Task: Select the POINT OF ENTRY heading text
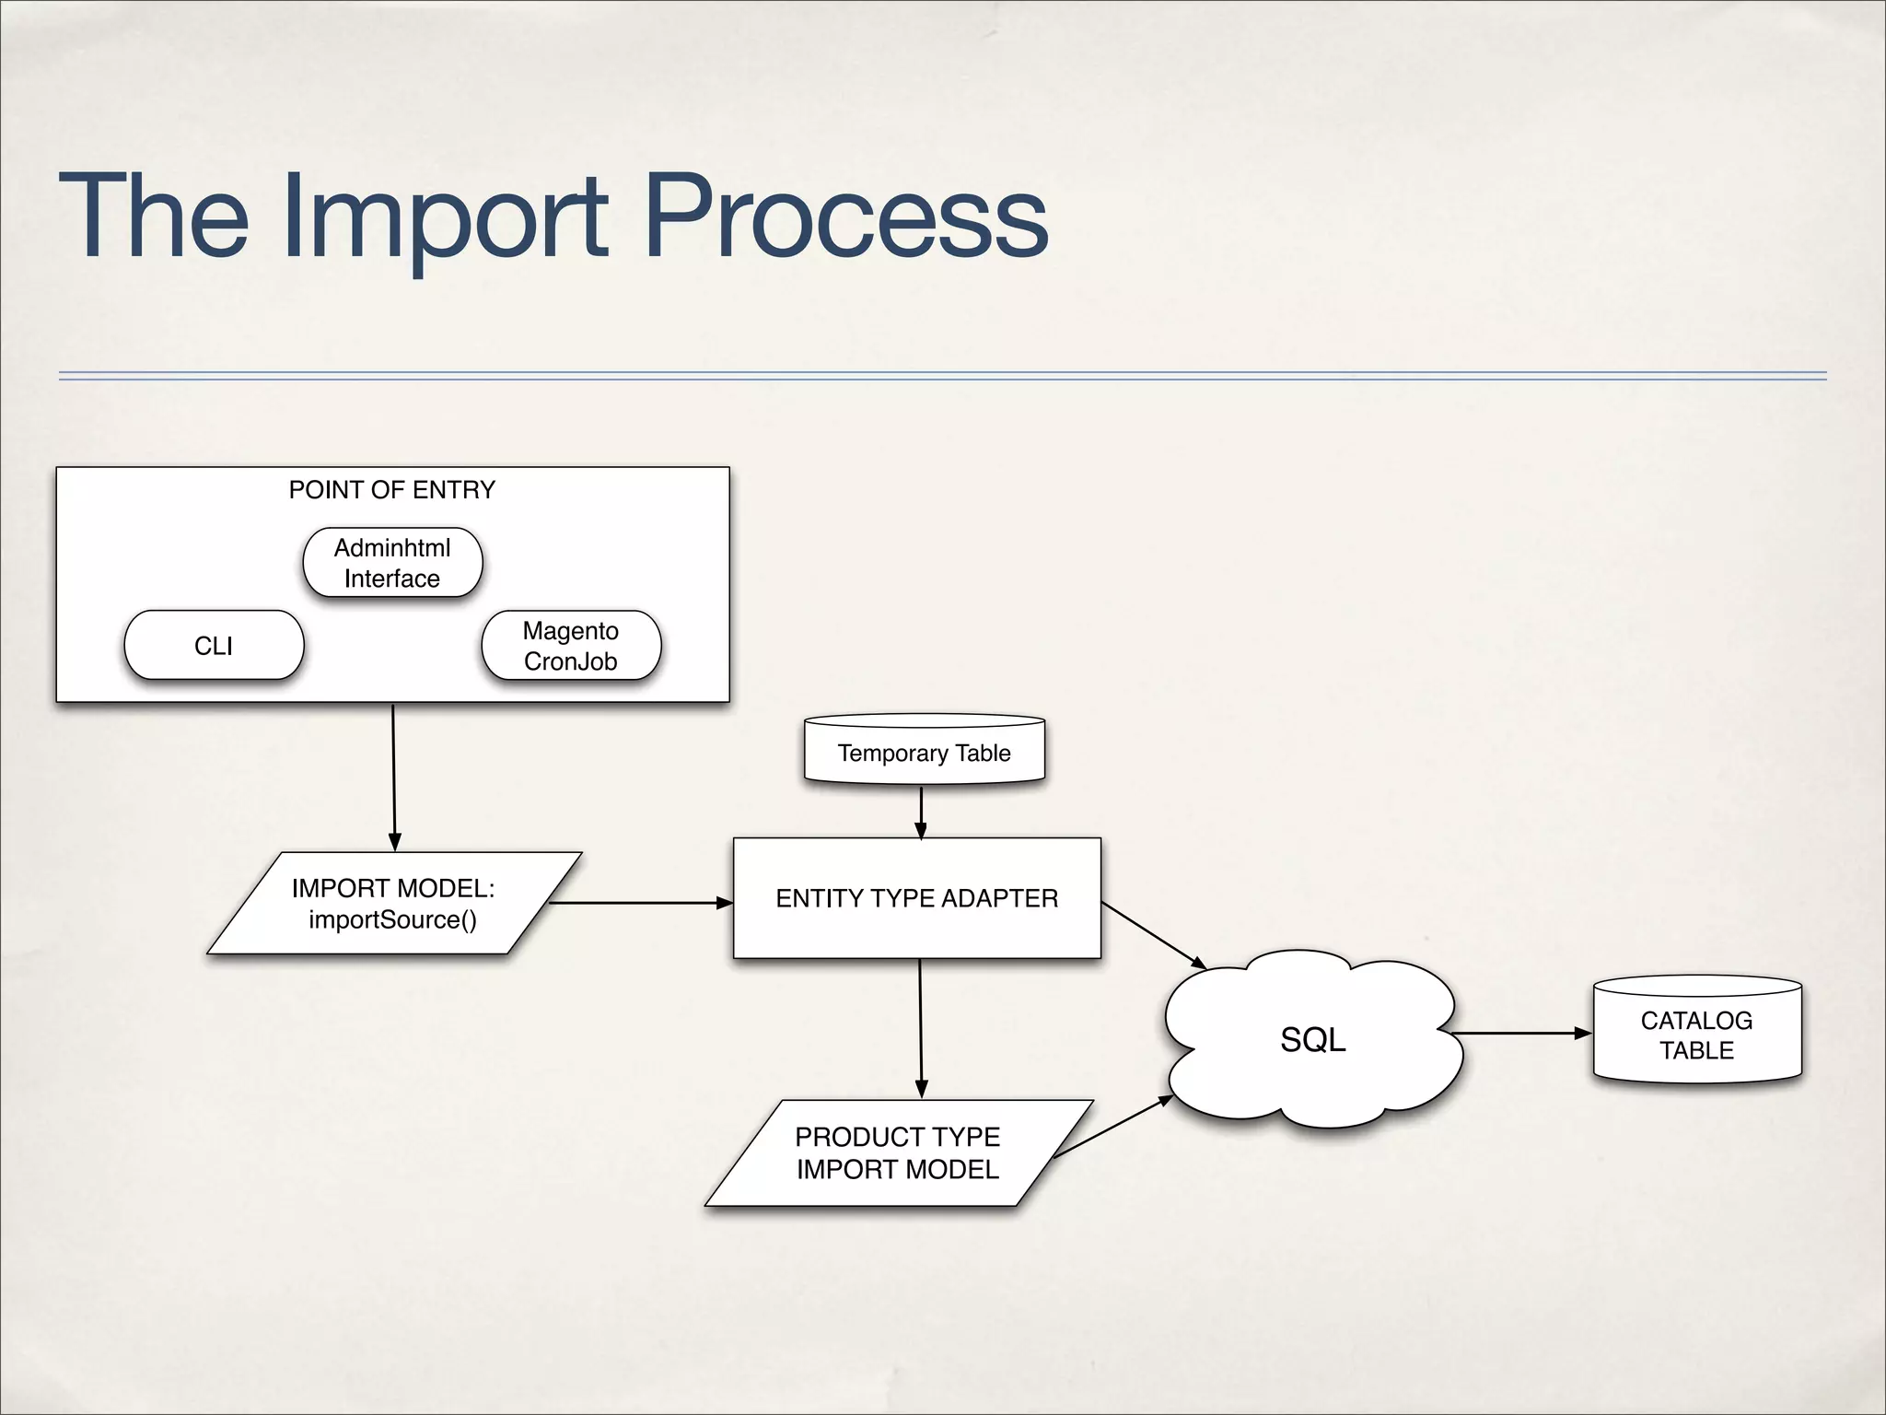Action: (392, 490)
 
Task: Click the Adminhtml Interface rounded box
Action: (392, 563)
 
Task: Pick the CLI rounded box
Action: (214, 646)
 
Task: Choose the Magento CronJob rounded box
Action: (571, 646)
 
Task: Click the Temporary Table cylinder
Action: (924, 753)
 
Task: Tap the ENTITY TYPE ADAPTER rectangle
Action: (916, 898)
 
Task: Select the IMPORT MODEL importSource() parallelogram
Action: (394, 903)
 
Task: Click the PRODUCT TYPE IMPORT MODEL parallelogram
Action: (898, 1152)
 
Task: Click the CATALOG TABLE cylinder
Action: (1696, 1035)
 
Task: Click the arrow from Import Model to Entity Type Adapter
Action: (640, 903)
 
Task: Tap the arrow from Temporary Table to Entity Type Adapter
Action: (921, 811)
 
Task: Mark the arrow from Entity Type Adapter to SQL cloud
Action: (1153, 935)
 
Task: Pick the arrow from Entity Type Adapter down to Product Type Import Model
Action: (921, 1027)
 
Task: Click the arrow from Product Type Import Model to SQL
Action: (1112, 1127)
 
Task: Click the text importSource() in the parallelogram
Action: (393, 919)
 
